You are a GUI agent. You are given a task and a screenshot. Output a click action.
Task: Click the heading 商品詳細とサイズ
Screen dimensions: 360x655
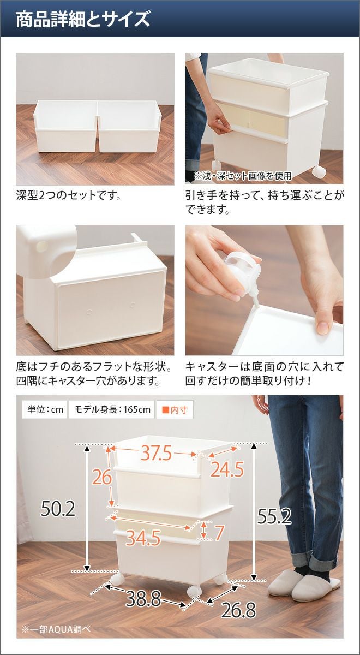point(83,19)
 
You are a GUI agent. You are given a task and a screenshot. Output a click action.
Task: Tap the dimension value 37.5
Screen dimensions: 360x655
point(157,454)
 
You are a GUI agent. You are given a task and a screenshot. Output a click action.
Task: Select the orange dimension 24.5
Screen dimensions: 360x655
point(227,469)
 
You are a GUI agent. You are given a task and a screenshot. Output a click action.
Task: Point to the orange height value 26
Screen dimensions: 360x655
point(102,477)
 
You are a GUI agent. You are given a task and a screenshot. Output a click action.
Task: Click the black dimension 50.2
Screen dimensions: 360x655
point(58,509)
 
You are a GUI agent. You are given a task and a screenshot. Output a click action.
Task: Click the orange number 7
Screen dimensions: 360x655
point(219,532)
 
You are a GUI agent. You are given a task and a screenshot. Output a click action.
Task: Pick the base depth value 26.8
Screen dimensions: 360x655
point(238,610)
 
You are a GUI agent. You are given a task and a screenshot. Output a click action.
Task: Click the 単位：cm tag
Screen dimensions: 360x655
point(45,409)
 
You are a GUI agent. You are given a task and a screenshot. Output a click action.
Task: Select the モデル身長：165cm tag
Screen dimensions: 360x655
point(112,409)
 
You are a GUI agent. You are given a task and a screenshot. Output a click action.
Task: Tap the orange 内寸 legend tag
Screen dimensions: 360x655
point(175,410)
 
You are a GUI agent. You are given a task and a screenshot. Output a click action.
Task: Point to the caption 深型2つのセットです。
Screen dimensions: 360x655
point(69,195)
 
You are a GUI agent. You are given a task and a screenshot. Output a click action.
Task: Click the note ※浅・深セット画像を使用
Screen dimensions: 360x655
point(243,176)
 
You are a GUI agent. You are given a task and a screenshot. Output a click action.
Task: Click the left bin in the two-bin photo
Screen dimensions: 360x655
point(66,127)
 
